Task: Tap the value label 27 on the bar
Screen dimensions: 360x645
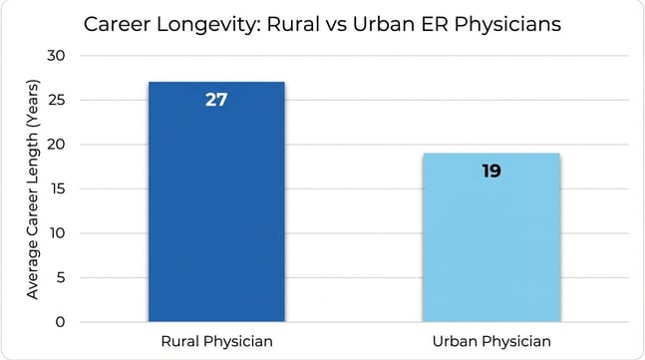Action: click(216, 100)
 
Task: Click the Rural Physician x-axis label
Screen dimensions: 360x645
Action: click(216, 342)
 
